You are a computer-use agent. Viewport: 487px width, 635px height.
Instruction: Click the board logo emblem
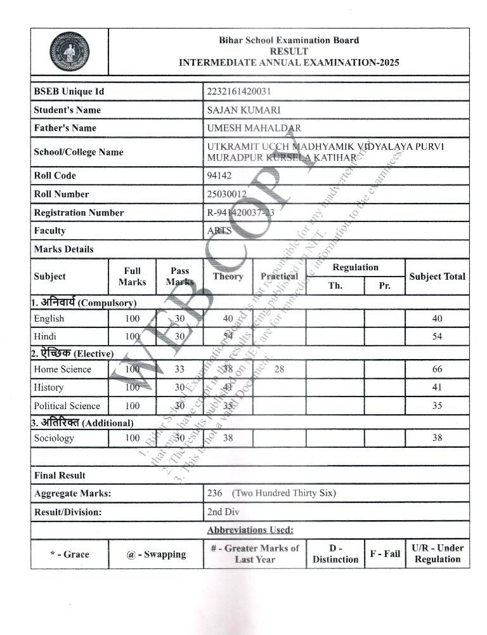point(69,51)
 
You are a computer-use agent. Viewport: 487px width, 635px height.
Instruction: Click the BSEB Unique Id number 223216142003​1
point(239,91)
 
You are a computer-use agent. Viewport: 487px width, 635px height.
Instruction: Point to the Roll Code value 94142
point(219,176)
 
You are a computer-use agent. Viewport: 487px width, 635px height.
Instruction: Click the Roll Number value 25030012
point(227,194)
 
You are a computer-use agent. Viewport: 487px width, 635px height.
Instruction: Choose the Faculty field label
point(49,231)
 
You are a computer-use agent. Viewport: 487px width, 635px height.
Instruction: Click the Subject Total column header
point(437,277)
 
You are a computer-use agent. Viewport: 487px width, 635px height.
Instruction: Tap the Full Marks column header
point(132,277)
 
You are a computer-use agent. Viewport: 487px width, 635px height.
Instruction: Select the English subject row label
point(49,318)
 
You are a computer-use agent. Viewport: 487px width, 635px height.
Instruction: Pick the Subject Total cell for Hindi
point(437,337)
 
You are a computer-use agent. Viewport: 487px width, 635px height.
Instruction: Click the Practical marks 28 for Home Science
point(279,369)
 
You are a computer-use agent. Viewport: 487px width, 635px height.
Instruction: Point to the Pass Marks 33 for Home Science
point(179,369)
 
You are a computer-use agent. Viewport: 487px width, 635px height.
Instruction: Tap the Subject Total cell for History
point(437,387)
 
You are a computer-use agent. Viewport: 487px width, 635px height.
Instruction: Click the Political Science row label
point(67,406)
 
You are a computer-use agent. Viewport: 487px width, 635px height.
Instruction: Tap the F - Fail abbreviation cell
point(385,554)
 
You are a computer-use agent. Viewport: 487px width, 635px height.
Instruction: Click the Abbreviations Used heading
point(250,530)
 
